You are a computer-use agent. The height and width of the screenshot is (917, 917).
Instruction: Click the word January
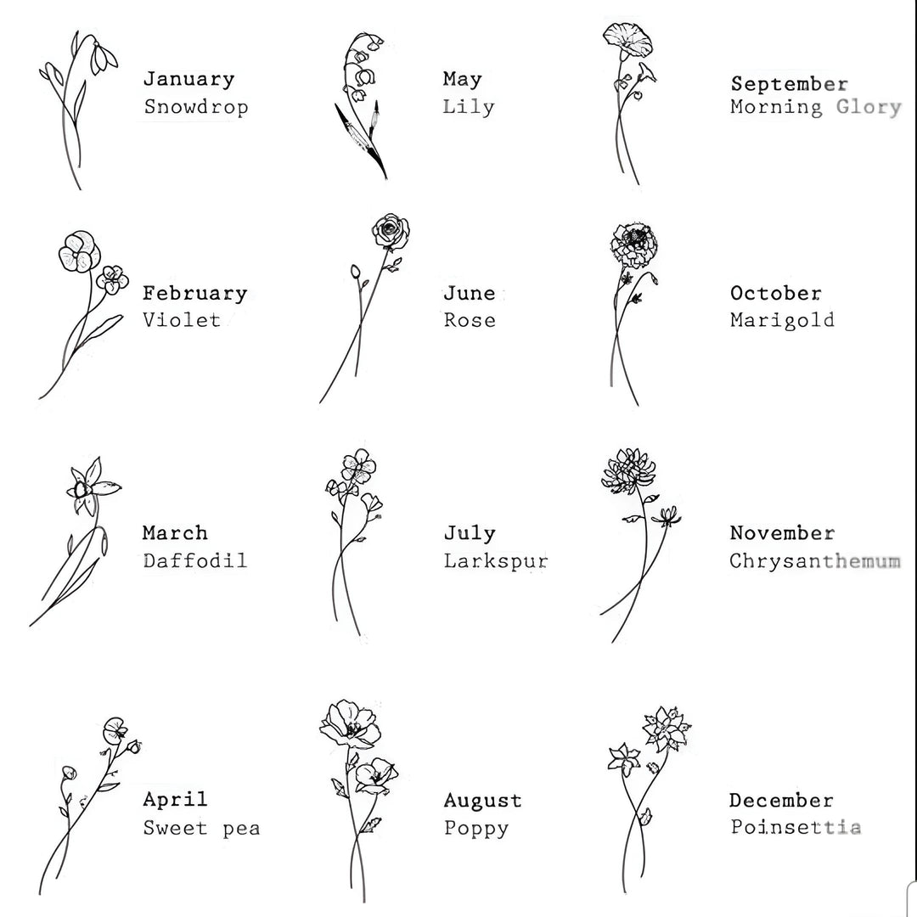pyautogui.click(x=188, y=80)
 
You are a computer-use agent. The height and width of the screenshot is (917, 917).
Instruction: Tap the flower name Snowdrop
pyautogui.click(x=196, y=107)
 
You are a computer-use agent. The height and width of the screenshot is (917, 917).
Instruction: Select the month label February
pyautogui.click(x=194, y=294)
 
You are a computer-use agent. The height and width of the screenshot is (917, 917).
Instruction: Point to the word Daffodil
pyautogui.click(x=194, y=560)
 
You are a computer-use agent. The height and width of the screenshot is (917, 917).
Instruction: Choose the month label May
pyautogui.click(x=462, y=80)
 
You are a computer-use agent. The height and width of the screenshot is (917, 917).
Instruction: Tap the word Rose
pyautogui.click(x=470, y=320)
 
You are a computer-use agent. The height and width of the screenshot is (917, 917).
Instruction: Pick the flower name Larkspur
pyautogui.click(x=495, y=561)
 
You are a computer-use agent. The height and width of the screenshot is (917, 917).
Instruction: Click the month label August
pyautogui.click(x=482, y=801)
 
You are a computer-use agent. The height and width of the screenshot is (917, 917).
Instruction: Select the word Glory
pyautogui.click(x=869, y=108)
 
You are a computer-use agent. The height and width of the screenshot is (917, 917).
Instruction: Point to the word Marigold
pyautogui.click(x=782, y=320)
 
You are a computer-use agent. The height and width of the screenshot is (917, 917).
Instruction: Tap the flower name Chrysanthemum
pyautogui.click(x=814, y=561)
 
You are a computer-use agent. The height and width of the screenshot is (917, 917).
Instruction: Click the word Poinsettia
pyautogui.click(x=796, y=828)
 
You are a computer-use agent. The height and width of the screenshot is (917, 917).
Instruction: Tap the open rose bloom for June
pyautogui.click(x=390, y=231)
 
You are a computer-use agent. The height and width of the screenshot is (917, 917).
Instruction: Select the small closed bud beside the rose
pyautogui.click(x=355, y=272)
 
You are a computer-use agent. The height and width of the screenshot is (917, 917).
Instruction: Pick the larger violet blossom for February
pyautogui.click(x=76, y=250)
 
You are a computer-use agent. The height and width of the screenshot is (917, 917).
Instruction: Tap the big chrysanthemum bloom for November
pyautogui.click(x=627, y=471)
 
